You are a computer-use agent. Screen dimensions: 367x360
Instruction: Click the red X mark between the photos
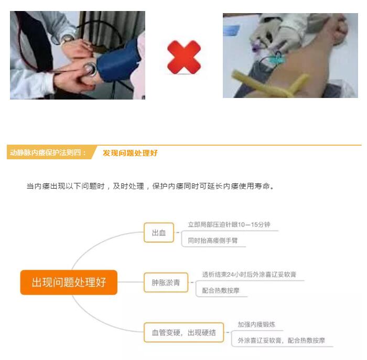(x=184, y=57)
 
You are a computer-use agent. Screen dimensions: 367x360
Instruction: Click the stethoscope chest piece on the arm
(x=90, y=69)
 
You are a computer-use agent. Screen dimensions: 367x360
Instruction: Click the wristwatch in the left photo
(x=67, y=39)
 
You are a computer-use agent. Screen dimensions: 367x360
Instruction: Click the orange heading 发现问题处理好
(x=130, y=153)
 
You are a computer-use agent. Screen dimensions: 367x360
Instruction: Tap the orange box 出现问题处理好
(x=69, y=282)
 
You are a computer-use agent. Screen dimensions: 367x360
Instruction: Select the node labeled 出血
(x=159, y=233)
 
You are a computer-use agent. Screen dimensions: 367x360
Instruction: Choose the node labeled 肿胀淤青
(x=166, y=282)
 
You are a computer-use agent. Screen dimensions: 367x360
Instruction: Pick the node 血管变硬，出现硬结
(x=183, y=332)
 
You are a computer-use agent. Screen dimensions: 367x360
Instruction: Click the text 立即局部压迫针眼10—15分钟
(x=229, y=225)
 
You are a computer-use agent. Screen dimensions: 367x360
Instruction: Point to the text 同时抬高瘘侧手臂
(x=213, y=241)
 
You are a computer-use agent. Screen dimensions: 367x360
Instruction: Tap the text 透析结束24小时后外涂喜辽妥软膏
(x=249, y=275)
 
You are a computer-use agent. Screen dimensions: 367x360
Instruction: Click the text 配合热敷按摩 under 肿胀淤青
(x=221, y=290)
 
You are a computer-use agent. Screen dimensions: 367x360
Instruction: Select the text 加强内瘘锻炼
(x=256, y=324)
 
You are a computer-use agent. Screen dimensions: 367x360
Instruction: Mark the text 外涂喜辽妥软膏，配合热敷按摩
(x=282, y=341)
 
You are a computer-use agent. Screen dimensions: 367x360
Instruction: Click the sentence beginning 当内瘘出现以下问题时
(x=150, y=186)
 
